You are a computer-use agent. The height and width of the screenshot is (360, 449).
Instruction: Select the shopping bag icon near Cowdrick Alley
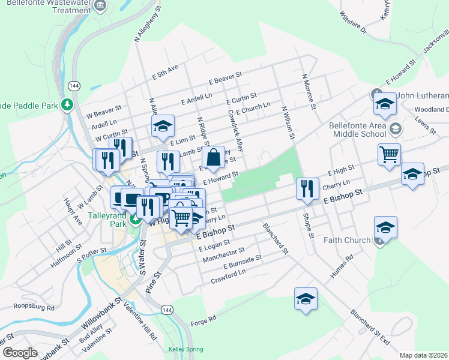(x=213, y=158)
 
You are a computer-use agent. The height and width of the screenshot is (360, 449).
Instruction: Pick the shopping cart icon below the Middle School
(x=389, y=154)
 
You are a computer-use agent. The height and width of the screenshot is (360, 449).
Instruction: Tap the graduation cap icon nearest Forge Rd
(x=306, y=299)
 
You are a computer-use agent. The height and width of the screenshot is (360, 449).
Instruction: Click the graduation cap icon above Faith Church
(x=385, y=227)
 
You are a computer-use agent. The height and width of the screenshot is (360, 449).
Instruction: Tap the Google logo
(x=19, y=352)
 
